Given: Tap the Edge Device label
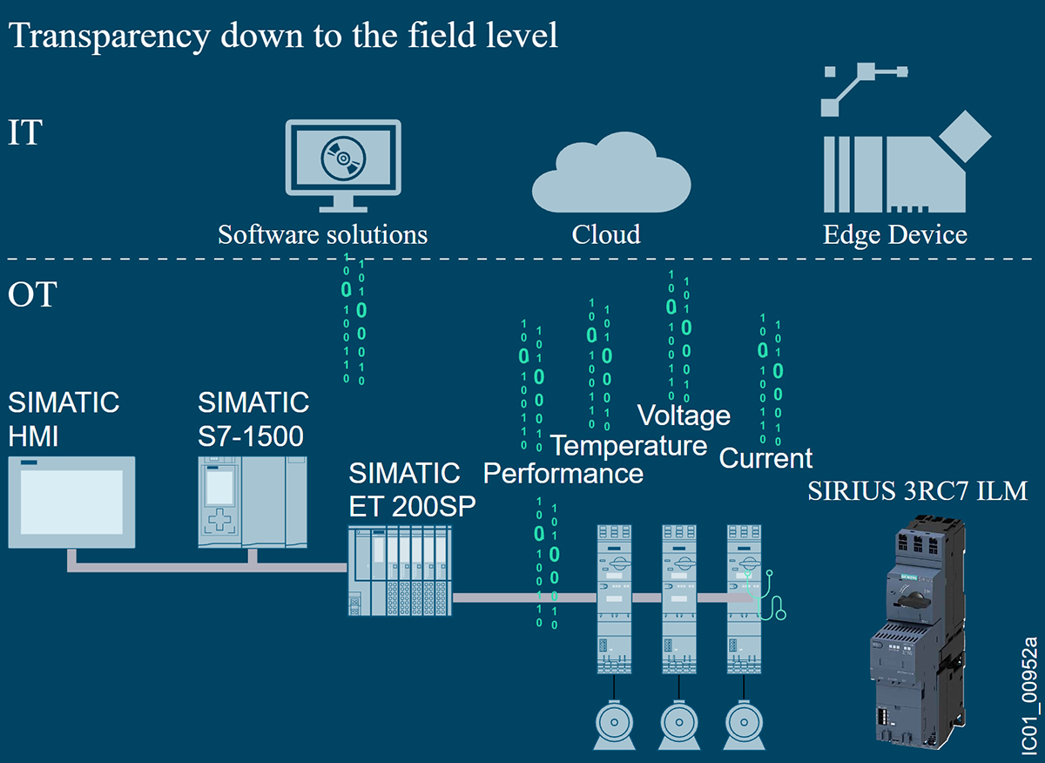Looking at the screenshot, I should click(x=894, y=234).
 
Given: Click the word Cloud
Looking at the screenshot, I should click(x=606, y=234).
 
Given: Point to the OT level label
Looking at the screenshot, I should click(x=32, y=294).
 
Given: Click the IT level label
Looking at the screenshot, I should click(x=24, y=133).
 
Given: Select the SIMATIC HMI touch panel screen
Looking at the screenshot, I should click(x=71, y=502).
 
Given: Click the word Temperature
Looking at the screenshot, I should click(x=629, y=446).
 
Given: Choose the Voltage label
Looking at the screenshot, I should click(x=684, y=415).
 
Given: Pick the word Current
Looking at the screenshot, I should click(x=765, y=458).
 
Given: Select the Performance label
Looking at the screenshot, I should click(x=563, y=474).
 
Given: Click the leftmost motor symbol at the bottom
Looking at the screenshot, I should click(x=613, y=723).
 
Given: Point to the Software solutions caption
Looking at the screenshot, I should click(x=322, y=234).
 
